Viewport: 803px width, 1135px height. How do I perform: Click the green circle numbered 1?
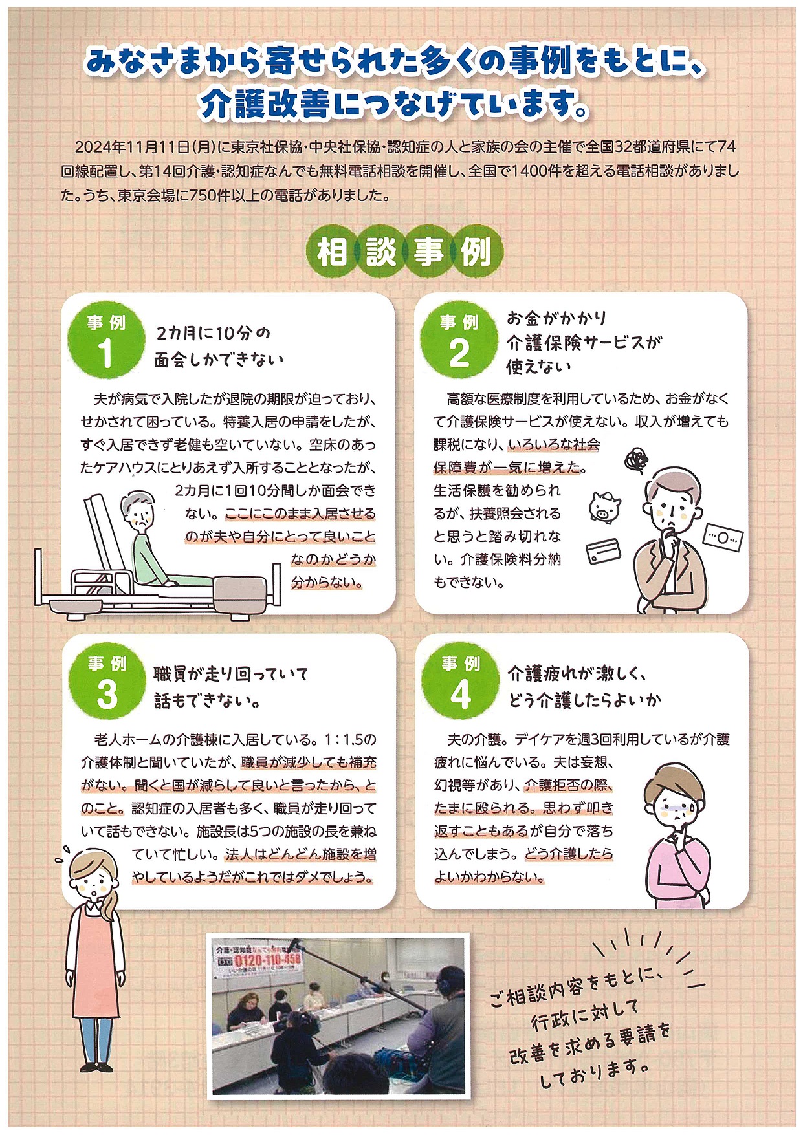105,340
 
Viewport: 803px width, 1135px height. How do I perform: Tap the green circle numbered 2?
459,340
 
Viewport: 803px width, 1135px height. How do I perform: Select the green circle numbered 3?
107,681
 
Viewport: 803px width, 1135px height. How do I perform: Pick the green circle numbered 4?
460,681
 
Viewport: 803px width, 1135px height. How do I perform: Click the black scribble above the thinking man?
637,460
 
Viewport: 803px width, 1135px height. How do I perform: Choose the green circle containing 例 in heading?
477,252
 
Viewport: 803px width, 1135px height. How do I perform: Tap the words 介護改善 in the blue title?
265,104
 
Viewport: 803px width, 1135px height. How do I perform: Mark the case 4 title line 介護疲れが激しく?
576,674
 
